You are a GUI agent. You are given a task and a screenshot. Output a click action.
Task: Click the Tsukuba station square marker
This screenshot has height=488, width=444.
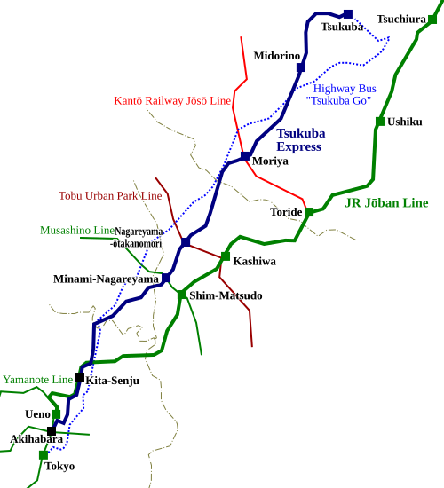[x=348, y=14]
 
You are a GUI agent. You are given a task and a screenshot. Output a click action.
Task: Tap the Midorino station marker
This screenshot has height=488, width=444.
[x=301, y=67]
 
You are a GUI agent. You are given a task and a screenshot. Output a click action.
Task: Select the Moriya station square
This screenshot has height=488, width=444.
[x=245, y=156]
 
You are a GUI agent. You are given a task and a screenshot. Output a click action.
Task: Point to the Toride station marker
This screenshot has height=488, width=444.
[x=309, y=212]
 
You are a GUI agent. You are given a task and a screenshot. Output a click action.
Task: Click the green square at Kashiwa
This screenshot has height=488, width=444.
[x=226, y=256]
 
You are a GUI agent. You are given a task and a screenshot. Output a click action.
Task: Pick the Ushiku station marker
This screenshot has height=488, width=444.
[x=380, y=122]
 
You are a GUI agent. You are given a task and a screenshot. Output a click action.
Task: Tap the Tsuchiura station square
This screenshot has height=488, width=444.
[x=432, y=19]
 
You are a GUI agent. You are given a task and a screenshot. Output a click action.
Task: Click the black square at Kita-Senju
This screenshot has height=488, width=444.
[x=80, y=377]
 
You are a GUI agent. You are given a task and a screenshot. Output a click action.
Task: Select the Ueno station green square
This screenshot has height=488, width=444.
[x=56, y=414]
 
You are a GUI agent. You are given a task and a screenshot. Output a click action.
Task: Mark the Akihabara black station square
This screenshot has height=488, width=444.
[x=52, y=431]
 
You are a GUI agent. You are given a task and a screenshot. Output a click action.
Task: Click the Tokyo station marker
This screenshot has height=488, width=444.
[x=44, y=455]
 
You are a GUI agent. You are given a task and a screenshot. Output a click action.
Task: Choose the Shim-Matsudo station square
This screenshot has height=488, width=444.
[x=182, y=295]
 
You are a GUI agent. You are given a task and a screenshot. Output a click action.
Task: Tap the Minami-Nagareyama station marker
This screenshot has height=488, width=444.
[x=166, y=278]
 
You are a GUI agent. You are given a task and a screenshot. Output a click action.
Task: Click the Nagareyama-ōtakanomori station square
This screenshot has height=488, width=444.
[x=186, y=242]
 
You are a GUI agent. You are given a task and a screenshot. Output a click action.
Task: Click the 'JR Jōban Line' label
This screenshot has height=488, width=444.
[x=386, y=203]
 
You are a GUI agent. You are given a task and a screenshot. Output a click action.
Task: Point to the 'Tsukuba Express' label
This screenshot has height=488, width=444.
[x=301, y=139]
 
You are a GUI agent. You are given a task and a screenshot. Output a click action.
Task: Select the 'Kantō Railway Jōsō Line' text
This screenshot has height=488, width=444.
[x=172, y=100]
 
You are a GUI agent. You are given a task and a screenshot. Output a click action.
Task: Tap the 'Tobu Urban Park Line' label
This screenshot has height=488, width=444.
[x=110, y=196]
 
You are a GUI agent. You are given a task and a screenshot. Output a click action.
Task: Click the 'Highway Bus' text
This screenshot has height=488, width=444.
[x=345, y=89]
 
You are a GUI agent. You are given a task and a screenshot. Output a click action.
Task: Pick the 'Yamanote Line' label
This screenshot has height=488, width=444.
[x=37, y=380]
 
